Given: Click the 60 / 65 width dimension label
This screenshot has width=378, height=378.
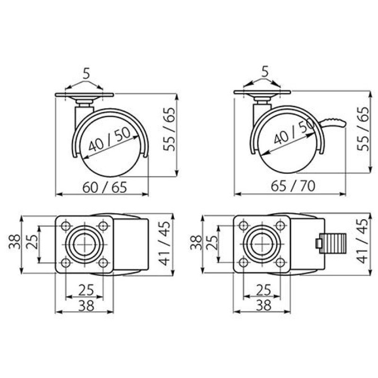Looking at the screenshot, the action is (104, 187).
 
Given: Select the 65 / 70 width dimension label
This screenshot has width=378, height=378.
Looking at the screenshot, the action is (293, 186).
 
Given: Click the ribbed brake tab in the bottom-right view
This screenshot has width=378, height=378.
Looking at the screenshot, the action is (333, 243).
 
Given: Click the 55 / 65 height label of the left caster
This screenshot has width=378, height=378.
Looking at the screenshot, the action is (169, 129).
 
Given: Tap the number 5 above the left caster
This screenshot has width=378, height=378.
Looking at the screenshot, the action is (86, 74).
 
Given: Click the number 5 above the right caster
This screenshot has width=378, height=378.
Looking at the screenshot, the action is (265, 72).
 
